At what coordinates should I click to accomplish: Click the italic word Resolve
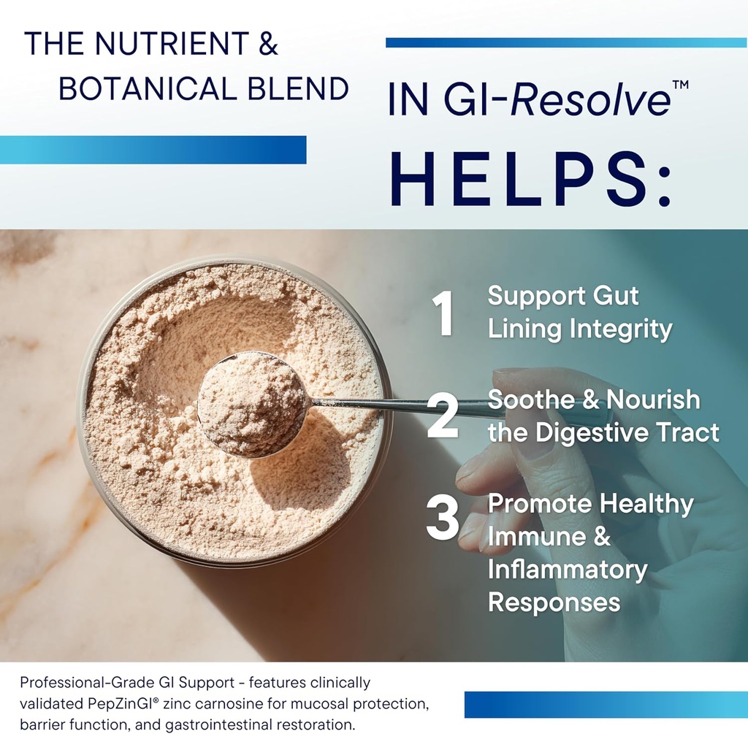pyautogui.click(x=589, y=100)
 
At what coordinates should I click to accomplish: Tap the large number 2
pyautogui.click(x=442, y=416)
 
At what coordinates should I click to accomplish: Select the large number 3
pyautogui.click(x=443, y=520)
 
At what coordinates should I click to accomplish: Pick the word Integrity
pyautogui.click(x=621, y=329)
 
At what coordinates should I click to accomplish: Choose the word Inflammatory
pyautogui.click(x=568, y=570)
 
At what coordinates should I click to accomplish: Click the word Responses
pyautogui.click(x=554, y=603)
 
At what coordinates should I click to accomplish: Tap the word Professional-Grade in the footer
pyautogui.click(x=87, y=683)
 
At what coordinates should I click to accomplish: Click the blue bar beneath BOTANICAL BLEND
pyautogui.click(x=153, y=150)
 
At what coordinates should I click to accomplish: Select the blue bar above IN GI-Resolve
pyautogui.click(x=565, y=42)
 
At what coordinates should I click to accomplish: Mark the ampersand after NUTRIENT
pyautogui.click(x=268, y=45)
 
